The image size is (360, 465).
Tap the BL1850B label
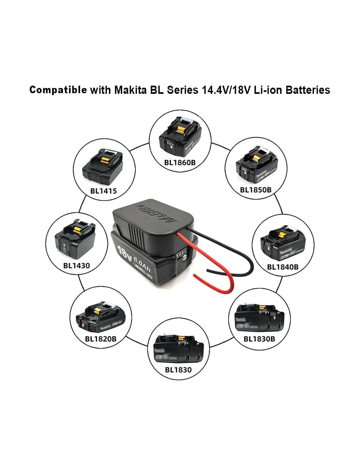[256, 190]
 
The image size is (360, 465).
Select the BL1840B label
[283, 267]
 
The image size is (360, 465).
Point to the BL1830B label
[259, 339]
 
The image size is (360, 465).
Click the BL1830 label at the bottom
[178, 370]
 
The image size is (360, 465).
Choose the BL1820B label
[100, 339]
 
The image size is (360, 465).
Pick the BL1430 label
[76, 265]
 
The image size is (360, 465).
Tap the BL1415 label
[103, 191]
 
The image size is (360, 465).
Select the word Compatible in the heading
[58, 90]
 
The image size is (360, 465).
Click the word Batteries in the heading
[307, 90]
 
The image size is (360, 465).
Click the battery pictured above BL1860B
[180, 138]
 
